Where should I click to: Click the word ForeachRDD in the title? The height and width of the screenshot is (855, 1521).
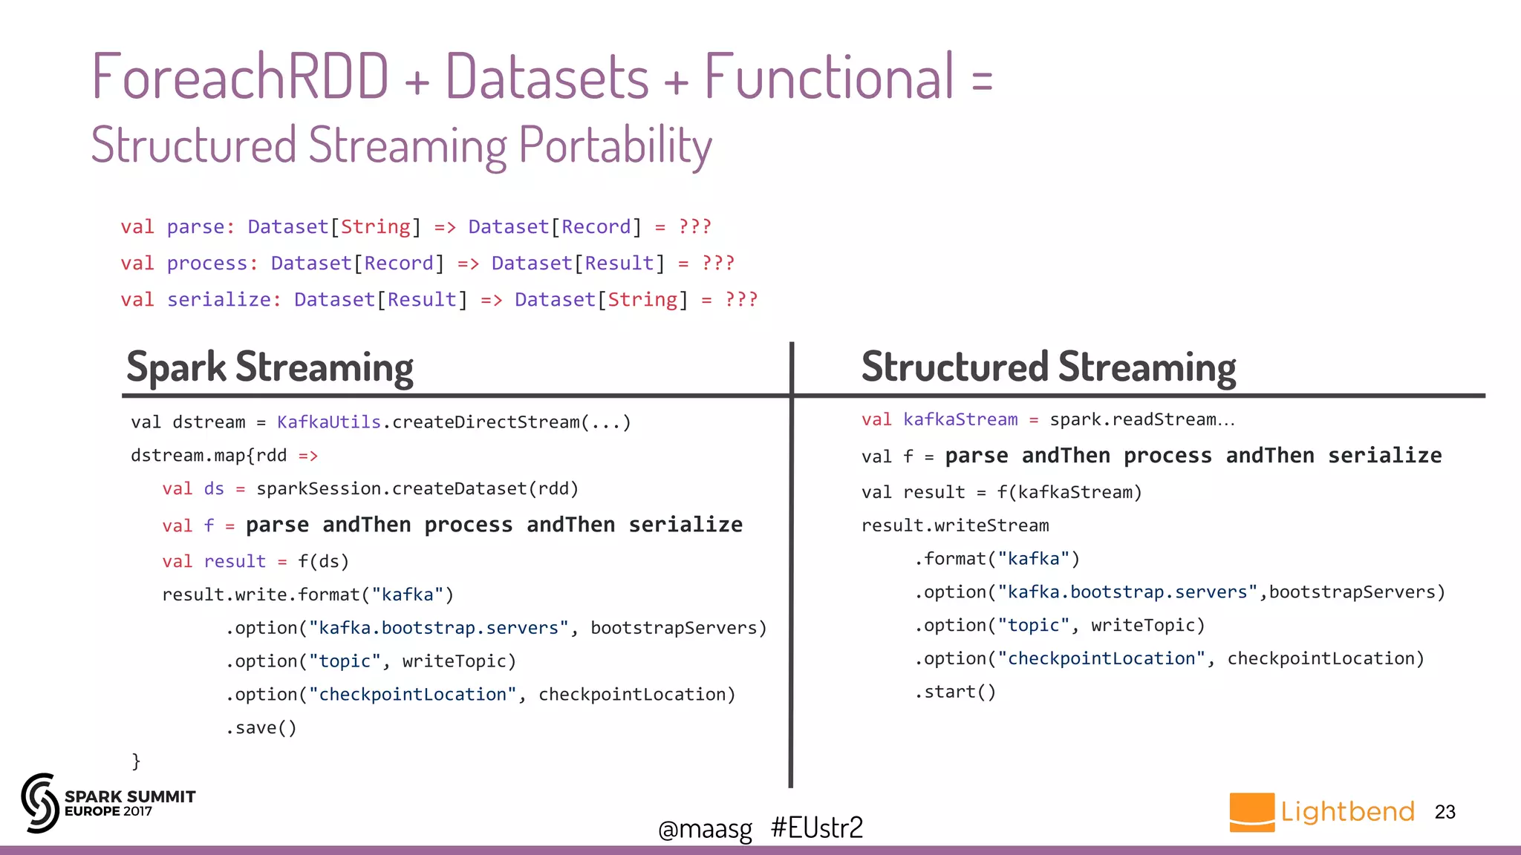[239, 76]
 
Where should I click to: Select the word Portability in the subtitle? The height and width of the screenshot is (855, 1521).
[615, 145]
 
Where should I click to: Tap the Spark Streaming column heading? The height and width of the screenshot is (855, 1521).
[270, 367]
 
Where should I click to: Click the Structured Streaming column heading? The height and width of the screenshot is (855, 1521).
[1048, 367]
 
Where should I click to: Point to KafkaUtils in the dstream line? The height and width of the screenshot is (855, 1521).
[328, 422]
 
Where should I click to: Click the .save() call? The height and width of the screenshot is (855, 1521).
[261, 728]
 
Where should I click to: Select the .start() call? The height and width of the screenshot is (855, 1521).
[955, 692]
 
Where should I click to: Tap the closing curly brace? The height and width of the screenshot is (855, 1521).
[136, 761]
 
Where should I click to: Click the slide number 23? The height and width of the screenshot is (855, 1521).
[1445, 812]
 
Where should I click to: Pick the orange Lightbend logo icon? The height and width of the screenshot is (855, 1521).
[1251, 812]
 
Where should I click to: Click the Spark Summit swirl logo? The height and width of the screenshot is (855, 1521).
[39, 803]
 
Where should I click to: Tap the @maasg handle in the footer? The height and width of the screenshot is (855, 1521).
[705, 828]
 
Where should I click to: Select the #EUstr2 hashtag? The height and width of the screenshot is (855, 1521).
[817, 828]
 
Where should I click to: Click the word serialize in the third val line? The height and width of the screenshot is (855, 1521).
[220, 300]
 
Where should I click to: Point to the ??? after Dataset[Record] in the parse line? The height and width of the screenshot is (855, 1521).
[694, 227]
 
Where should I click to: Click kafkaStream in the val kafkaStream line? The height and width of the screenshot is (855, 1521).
[960, 420]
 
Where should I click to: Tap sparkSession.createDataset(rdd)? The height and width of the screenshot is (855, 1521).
[417, 489]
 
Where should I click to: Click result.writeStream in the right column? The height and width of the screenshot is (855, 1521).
[955, 526]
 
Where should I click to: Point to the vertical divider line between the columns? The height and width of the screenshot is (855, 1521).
[791, 564]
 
